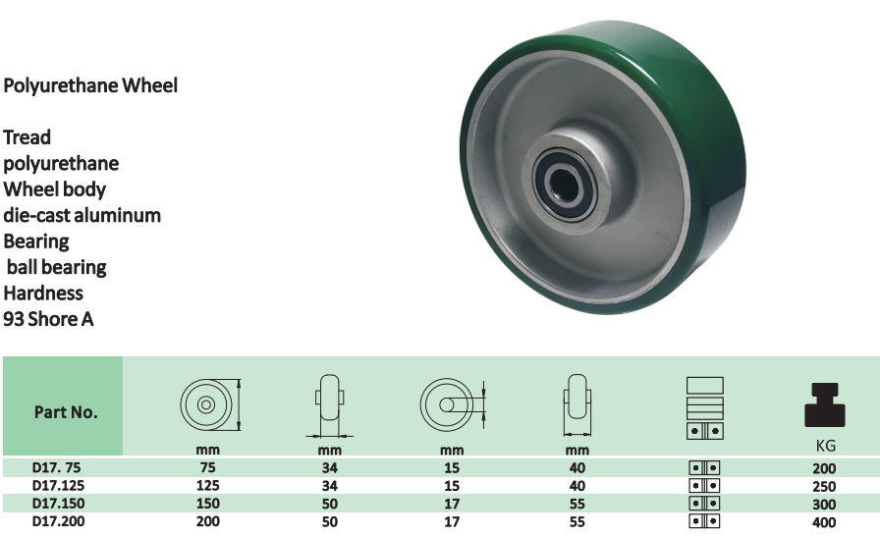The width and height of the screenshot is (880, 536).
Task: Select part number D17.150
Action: (58, 504)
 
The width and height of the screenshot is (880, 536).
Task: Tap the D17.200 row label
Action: (58, 521)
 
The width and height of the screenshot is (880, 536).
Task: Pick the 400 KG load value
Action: (824, 522)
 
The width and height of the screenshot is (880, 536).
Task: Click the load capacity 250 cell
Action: (824, 487)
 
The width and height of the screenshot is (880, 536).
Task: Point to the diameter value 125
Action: (207, 486)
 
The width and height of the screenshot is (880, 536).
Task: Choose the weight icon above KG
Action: (824, 404)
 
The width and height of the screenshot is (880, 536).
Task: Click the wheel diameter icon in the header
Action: (210, 404)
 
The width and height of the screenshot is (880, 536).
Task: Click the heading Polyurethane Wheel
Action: (90, 85)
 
